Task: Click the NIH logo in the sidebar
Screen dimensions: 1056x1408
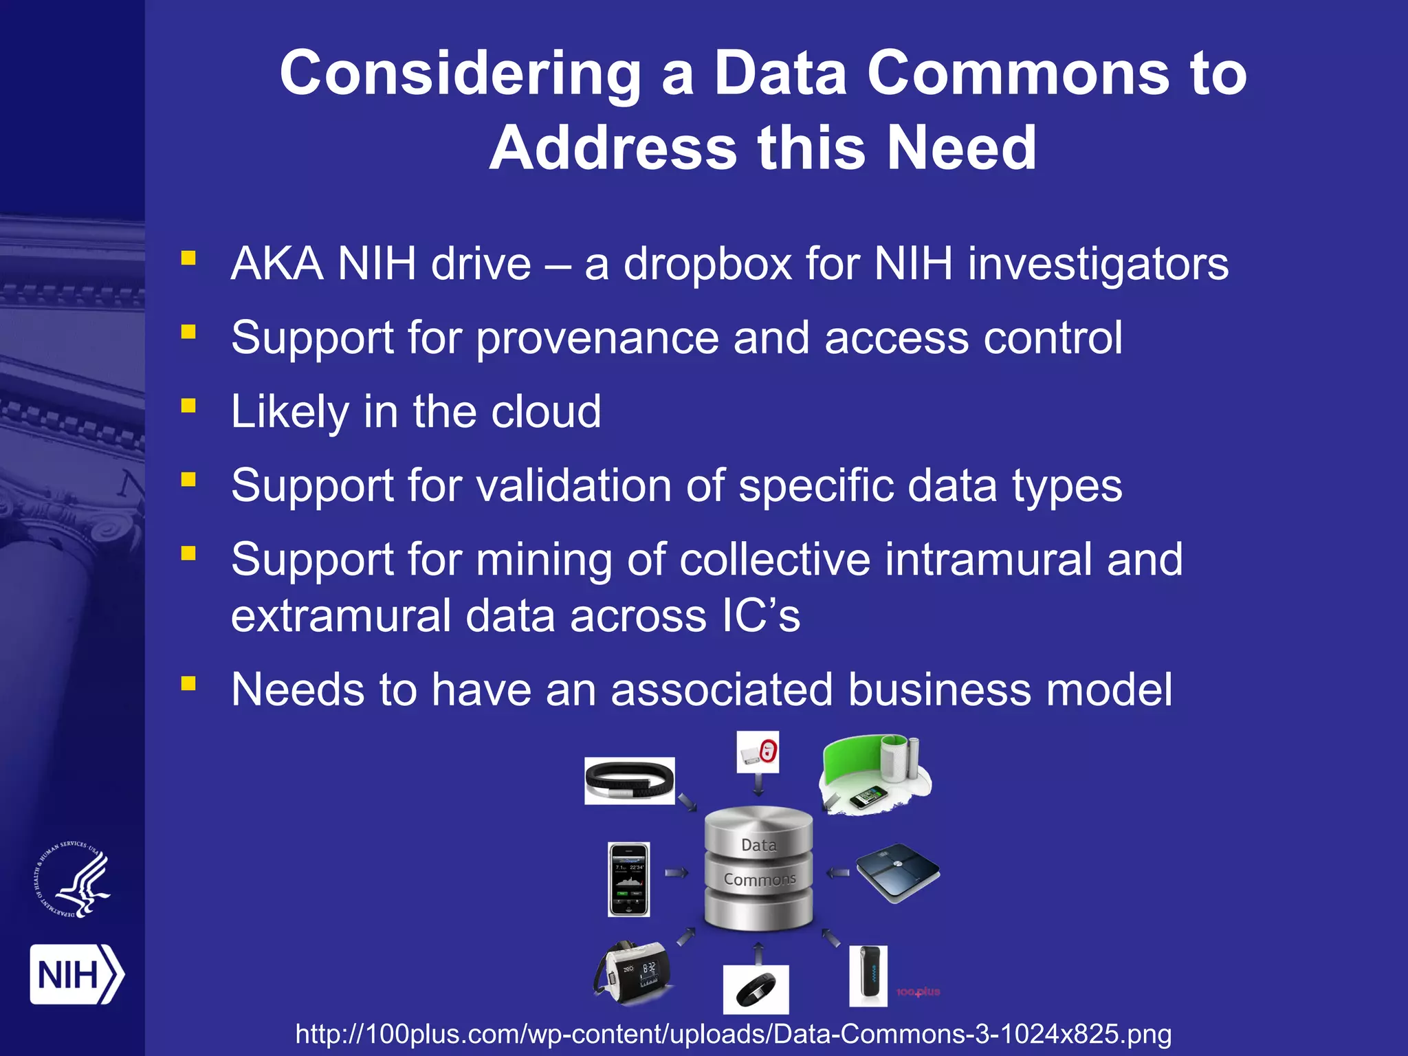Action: [76, 974]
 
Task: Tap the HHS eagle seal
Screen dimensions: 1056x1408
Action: [72, 879]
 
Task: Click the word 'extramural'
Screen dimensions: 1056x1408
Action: [340, 615]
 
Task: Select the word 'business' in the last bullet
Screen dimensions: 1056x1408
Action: [939, 690]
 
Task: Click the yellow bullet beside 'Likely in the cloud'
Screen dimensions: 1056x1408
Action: [188, 406]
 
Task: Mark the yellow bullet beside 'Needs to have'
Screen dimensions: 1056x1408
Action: [188, 683]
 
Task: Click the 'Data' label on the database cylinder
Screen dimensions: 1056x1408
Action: [759, 845]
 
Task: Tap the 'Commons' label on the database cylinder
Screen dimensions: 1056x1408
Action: [760, 879]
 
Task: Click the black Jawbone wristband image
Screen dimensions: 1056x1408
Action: [629, 781]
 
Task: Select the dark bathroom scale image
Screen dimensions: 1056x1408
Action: [897, 872]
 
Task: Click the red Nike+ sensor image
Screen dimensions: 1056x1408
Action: [758, 752]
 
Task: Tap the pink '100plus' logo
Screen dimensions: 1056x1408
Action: [918, 991]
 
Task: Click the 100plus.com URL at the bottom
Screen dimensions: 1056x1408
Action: [733, 1034]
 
